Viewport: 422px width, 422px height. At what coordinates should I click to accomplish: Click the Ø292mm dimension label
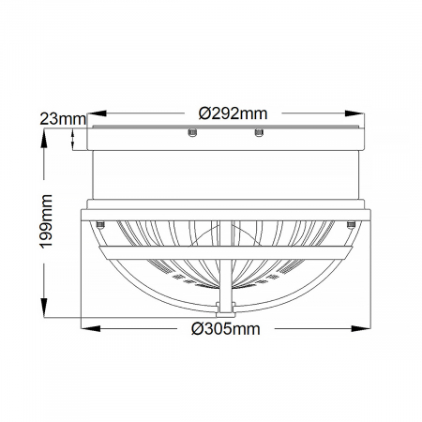[x=234, y=113]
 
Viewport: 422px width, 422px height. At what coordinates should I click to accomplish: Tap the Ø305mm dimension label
[x=224, y=329]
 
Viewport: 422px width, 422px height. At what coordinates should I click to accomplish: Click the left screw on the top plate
[x=191, y=135]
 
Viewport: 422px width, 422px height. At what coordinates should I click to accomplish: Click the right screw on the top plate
[x=256, y=135]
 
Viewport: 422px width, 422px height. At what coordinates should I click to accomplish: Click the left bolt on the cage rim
[x=99, y=223]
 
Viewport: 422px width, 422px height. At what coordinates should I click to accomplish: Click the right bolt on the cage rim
[x=349, y=223]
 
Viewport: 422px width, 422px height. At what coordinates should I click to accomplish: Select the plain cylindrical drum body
[x=224, y=173]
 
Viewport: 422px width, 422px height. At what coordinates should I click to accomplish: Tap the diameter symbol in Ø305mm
[x=196, y=329]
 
